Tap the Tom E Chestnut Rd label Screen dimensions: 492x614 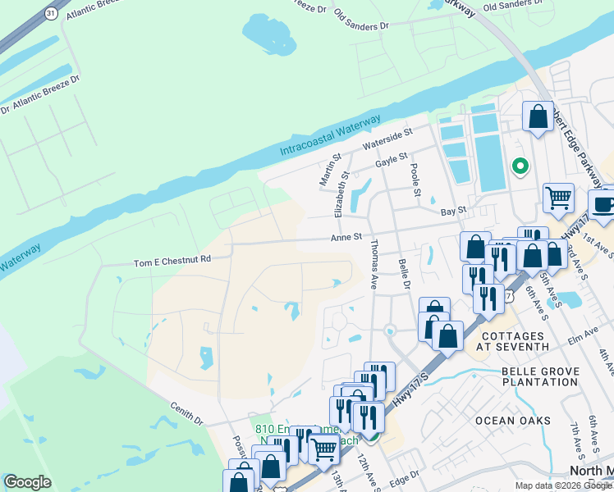point(172,260)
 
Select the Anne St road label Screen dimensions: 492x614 point(346,237)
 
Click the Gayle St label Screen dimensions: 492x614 point(392,161)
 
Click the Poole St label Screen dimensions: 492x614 point(416,180)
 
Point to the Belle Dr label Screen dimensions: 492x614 point(403,273)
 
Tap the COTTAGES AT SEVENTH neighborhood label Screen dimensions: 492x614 point(514,341)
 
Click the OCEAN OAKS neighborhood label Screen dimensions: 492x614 point(512,420)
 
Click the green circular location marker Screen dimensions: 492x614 point(520,166)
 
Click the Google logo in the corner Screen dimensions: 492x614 point(27,482)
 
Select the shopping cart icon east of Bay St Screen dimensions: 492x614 point(558,196)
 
